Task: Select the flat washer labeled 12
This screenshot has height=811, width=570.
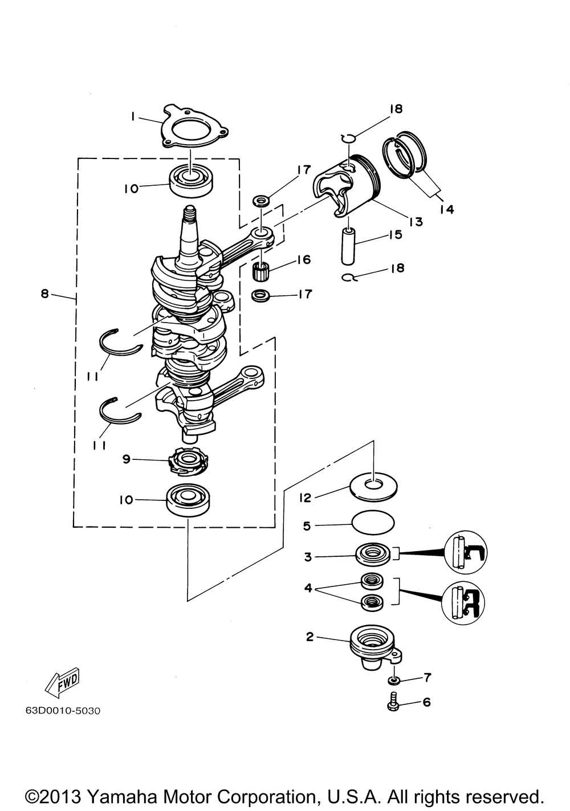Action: click(373, 487)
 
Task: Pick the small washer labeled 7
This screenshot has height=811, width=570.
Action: click(394, 681)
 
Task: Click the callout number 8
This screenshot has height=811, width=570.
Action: click(44, 294)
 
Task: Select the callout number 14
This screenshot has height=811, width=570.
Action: click(447, 209)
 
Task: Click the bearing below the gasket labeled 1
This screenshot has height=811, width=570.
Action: click(191, 180)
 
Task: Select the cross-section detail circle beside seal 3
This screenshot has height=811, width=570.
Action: click(465, 552)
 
